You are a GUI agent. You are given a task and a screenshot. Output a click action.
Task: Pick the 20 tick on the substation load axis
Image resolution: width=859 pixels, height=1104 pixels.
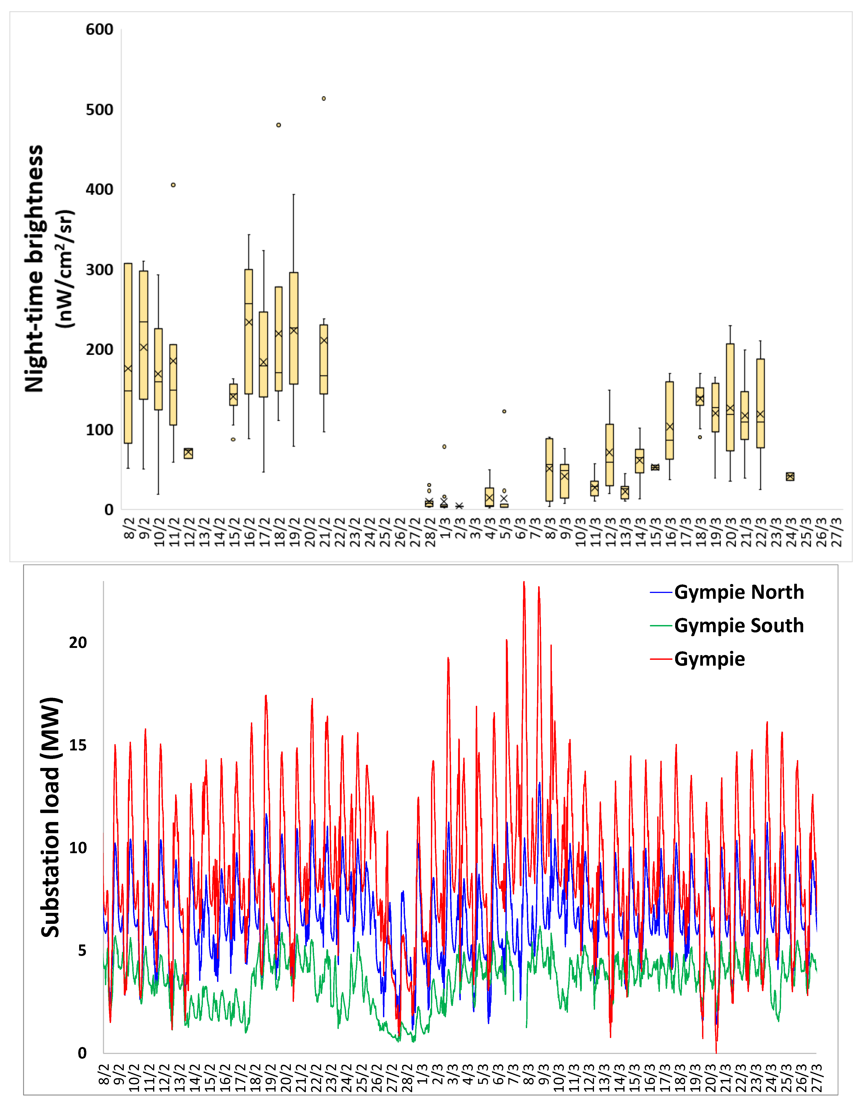[78, 643]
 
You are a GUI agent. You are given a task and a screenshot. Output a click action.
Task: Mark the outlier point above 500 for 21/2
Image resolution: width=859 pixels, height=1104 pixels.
[324, 98]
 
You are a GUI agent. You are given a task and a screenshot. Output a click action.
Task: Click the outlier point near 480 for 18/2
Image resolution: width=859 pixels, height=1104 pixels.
[278, 125]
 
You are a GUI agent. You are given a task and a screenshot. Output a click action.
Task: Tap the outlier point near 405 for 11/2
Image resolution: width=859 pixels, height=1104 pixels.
[173, 185]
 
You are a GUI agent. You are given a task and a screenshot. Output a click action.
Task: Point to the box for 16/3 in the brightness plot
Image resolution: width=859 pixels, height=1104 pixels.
[670, 421]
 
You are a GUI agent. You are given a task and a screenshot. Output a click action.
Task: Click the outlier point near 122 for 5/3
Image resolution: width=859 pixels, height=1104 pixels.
[504, 411]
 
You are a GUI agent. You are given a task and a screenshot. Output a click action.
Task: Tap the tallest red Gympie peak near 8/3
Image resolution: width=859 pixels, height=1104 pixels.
[524, 583]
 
